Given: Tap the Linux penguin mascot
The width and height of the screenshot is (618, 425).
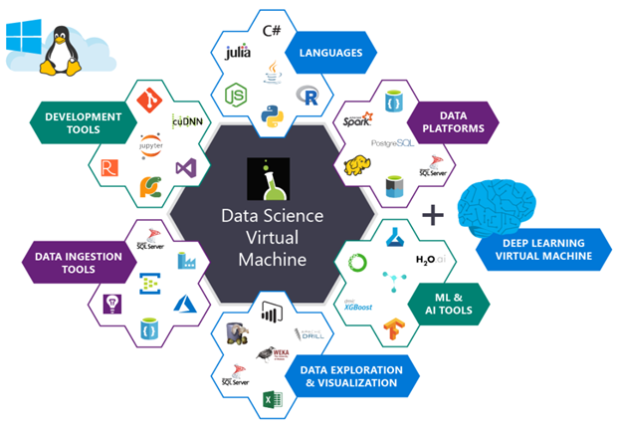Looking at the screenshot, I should [61, 50].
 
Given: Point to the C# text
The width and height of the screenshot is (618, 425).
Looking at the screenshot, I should [270, 30].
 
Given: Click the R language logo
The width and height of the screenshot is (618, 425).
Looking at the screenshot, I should [308, 98].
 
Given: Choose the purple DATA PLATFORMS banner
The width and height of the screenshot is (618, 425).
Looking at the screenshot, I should [459, 120].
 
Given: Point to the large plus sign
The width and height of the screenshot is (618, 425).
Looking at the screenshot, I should [432, 215].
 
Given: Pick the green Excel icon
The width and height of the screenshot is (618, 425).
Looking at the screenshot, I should [269, 401].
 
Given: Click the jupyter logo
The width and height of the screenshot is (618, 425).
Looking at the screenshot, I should [152, 144].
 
